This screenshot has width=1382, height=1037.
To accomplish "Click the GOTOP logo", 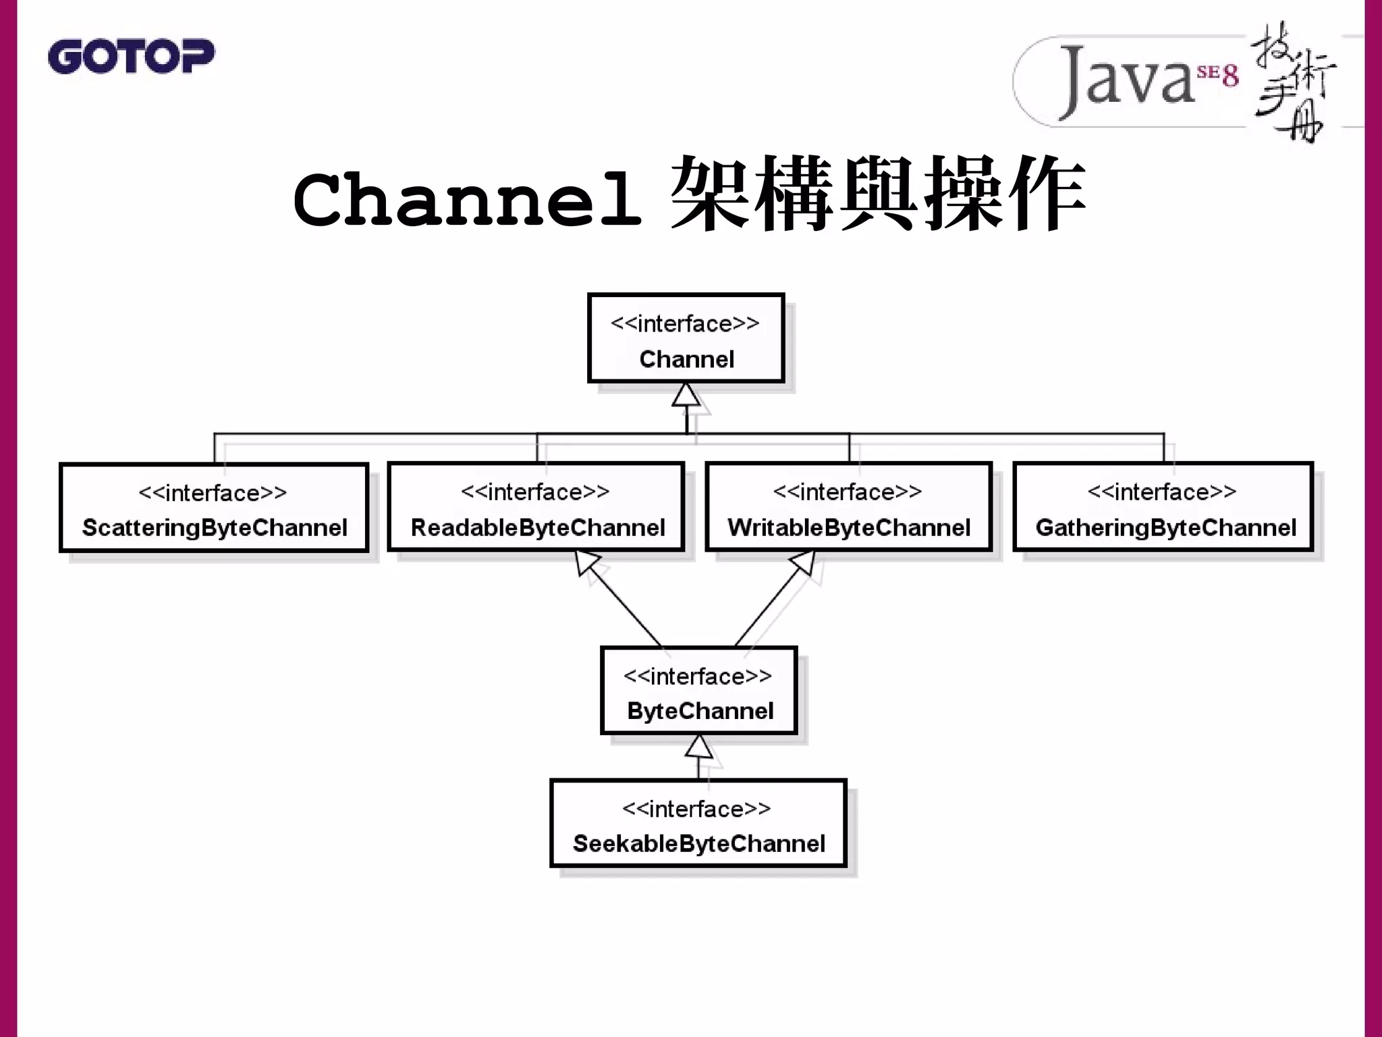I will [x=131, y=56].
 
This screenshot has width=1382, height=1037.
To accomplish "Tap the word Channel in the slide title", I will [x=467, y=199].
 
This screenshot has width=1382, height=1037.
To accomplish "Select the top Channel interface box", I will [x=686, y=338].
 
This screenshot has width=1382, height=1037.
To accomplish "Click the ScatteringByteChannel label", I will [x=215, y=527].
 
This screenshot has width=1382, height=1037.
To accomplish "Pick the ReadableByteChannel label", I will [x=538, y=527].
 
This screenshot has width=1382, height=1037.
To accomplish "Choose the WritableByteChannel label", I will [x=849, y=527].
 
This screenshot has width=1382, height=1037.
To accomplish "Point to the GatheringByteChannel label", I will [x=1165, y=527].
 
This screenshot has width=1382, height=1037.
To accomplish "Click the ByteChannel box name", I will [x=700, y=711].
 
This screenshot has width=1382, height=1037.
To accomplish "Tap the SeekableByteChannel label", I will [x=698, y=843].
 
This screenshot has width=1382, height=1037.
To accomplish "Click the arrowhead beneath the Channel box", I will [x=686, y=395].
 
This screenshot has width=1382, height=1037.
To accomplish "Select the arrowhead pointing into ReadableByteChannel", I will [x=586, y=562].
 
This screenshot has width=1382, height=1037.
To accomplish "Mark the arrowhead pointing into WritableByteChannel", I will [x=804, y=562].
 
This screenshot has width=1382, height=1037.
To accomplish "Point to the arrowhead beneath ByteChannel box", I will [x=698, y=747].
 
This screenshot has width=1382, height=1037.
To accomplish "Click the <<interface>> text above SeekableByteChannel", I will [x=696, y=808].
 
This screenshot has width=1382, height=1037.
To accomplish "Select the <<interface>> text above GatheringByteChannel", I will [x=1161, y=491].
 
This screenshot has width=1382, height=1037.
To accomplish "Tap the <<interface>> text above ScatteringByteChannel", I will [x=213, y=493].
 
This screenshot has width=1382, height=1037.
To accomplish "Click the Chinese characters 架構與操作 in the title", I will [x=877, y=194].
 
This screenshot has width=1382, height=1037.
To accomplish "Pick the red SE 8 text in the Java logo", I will [x=1218, y=74].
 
